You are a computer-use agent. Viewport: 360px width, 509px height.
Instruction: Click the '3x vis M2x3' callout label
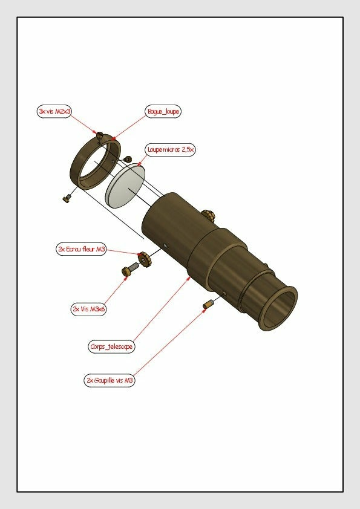click(54, 111)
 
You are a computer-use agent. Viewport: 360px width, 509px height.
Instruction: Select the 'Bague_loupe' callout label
click(163, 111)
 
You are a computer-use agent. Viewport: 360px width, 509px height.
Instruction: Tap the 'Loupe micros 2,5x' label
click(170, 150)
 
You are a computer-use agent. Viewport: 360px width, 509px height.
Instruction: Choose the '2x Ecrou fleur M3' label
click(81, 249)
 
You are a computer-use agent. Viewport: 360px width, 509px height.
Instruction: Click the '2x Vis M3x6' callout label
click(88, 309)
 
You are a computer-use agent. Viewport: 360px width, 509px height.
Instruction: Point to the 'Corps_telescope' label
click(111, 346)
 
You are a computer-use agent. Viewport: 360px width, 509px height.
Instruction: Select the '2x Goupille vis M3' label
click(110, 380)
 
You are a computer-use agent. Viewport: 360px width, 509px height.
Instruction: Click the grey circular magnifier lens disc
click(125, 186)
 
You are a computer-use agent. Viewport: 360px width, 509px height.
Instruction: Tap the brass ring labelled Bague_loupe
click(95, 162)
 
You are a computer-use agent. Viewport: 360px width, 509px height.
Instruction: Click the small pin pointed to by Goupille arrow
click(208, 304)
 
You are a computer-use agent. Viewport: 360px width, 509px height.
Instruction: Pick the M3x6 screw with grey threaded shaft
click(130, 269)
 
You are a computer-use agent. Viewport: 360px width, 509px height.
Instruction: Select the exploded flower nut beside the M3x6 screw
click(144, 260)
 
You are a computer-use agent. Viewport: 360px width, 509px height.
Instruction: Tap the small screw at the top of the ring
click(100, 134)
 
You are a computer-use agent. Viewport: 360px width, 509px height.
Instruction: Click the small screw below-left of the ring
click(67, 198)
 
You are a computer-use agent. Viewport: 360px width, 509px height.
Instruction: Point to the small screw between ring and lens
click(128, 159)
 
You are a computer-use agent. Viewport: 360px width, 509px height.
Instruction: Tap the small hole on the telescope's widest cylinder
click(165, 246)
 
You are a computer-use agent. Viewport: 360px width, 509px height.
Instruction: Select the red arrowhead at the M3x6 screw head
click(125, 277)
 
